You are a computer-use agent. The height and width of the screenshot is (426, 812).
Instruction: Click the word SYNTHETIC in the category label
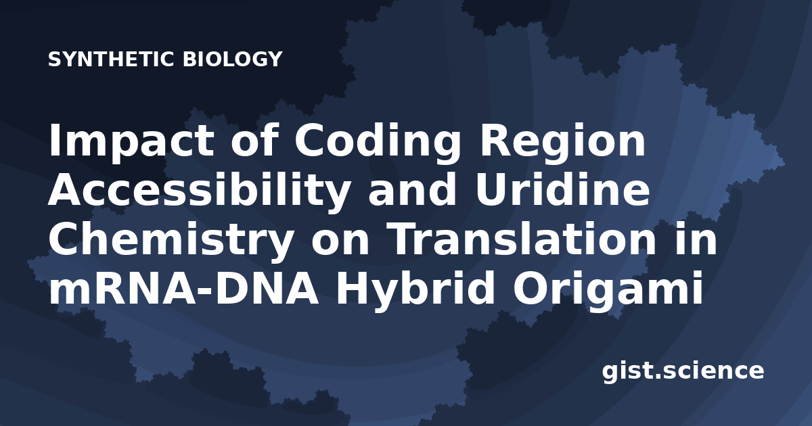coord(112,60)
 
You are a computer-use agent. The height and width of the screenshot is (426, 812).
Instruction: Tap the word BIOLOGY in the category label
coord(232,60)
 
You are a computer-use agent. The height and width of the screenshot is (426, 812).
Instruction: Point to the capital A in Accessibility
coord(68,189)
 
